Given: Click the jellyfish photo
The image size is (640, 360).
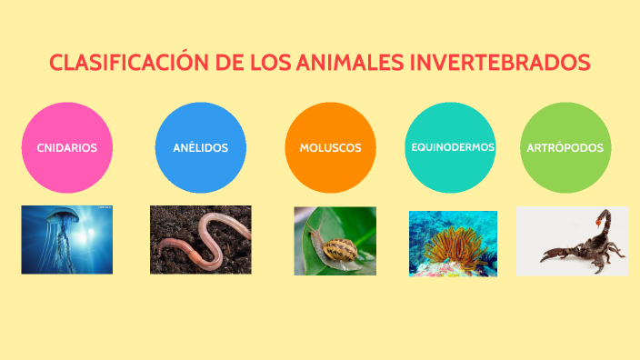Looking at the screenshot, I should click(x=66, y=239).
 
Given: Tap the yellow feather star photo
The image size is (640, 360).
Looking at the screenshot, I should click(x=453, y=244).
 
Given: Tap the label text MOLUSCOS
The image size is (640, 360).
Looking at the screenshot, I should click(x=330, y=147).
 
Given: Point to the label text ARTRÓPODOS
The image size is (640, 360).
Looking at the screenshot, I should click(x=565, y=147).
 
